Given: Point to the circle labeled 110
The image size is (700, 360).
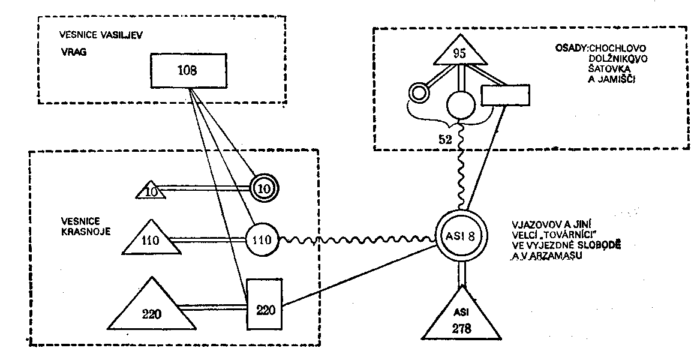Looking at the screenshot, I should pyautogui.click(x=262, y=241).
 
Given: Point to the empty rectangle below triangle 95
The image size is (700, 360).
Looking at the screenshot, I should pyautogui.click(x=506, y=95).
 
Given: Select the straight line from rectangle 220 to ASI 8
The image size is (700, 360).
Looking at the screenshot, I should pyautogui.click(x=360, y=275).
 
